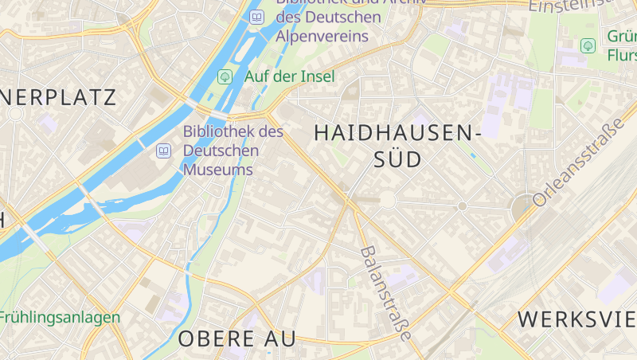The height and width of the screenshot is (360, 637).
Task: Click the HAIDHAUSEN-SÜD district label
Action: point(397,146)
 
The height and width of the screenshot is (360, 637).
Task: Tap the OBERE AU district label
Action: point(236,338)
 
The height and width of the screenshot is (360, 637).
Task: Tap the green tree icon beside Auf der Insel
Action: point(225,76)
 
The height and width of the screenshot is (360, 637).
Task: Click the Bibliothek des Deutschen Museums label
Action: point(233,151)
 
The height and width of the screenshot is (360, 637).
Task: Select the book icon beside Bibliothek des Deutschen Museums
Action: point(164,150)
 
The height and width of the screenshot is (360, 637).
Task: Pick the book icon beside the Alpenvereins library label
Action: point(256,17)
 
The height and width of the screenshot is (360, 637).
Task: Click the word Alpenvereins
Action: point(322,36)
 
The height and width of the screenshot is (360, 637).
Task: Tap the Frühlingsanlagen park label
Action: point(59,317)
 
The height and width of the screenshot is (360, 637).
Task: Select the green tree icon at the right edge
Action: point(588,46)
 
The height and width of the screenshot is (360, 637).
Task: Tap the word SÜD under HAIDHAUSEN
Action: point(397,159)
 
